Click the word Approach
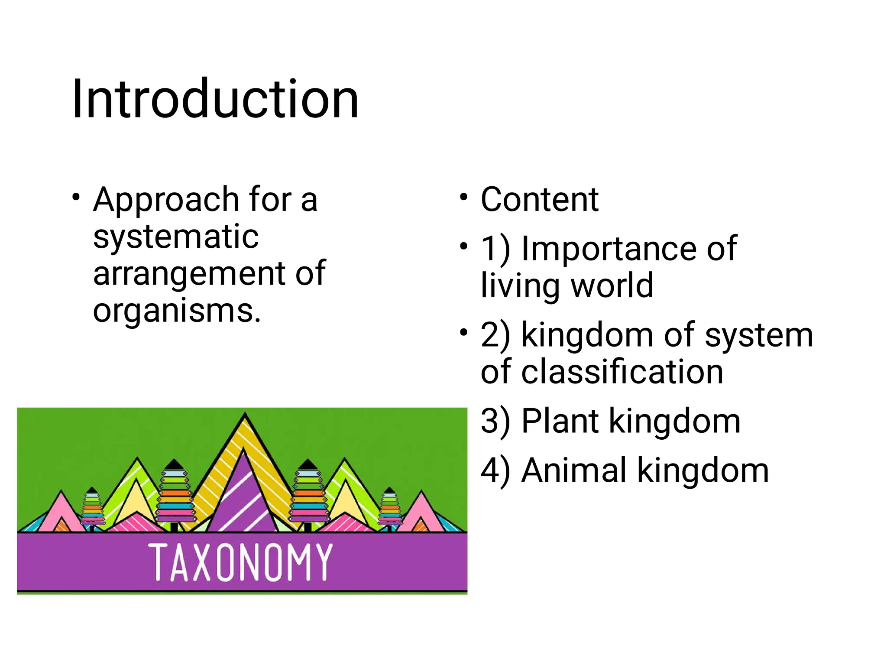tap(165, 200)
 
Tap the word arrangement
tap(189, 273)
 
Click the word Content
tap(540, 200)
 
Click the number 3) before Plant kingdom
tap(495, 421)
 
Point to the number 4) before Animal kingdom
tap(495, 470)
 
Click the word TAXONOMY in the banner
tap(240, 562)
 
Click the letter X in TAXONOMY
tap(202, 562)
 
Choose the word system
tap(759, 335)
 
